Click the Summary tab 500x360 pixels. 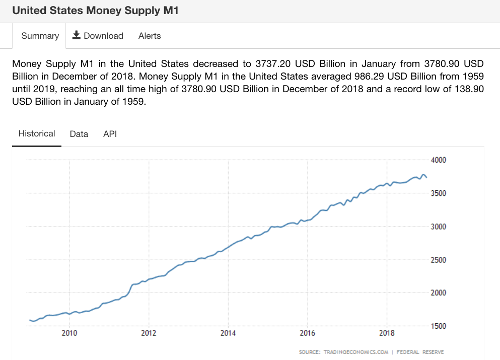click(40, 36)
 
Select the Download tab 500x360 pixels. click(98, 36)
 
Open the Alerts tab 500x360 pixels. click(150, 36)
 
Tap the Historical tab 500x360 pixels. click(37, 134)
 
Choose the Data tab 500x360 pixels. click(79, 134)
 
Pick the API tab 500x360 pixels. click(110, 134)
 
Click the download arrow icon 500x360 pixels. click(77, 35)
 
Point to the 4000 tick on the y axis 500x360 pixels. click(439, 160)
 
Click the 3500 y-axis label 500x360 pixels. click(439, 193)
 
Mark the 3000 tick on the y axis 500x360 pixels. click(439, 227)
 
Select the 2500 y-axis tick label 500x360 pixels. click(439, 260)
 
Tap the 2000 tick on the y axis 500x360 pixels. click(439, 293)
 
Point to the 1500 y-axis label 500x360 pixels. click(439, 326)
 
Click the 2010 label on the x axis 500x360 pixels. click(69, 333)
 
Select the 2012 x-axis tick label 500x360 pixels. click(149, 333)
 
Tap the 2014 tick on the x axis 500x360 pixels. click(228, 333)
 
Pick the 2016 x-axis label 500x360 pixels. click(308, 333)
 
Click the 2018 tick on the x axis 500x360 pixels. click(387, 333)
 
